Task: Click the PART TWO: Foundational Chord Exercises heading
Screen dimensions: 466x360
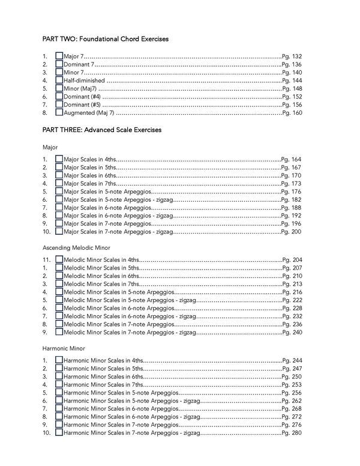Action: pos(105,38)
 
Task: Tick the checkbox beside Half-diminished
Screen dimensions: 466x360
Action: pos(59,80)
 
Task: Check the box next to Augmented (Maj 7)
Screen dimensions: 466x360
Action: pos(59,112)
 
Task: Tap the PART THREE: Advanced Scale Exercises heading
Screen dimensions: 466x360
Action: pos(101,129)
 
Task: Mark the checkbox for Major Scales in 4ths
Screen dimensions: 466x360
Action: pos(59,159)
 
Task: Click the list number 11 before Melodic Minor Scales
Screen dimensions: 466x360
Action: pos(46,260)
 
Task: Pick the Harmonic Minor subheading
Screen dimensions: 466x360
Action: pos(64,348)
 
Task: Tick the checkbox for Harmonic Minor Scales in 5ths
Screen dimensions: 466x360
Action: pos(59,368)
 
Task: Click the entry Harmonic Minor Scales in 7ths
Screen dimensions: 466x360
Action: pos(103,384)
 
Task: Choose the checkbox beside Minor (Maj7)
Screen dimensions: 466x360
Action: pos(59,88)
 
